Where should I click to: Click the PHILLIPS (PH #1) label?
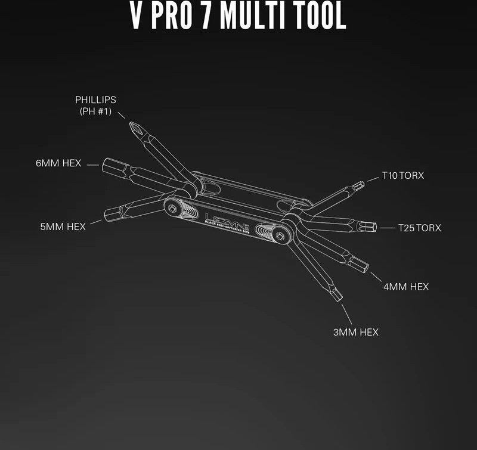pos(95,105)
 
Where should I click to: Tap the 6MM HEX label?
pos(58,163)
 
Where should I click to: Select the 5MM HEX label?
pos(63,227)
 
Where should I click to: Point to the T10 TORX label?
pos(403,175)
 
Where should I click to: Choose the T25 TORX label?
pos(420,228)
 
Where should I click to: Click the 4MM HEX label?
pos(406,287)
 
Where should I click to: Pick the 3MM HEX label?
pos(355,332)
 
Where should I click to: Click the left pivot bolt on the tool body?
pos(172,208)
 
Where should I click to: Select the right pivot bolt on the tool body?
pos(280,235)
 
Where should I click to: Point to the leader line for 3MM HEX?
pos(347,314)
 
